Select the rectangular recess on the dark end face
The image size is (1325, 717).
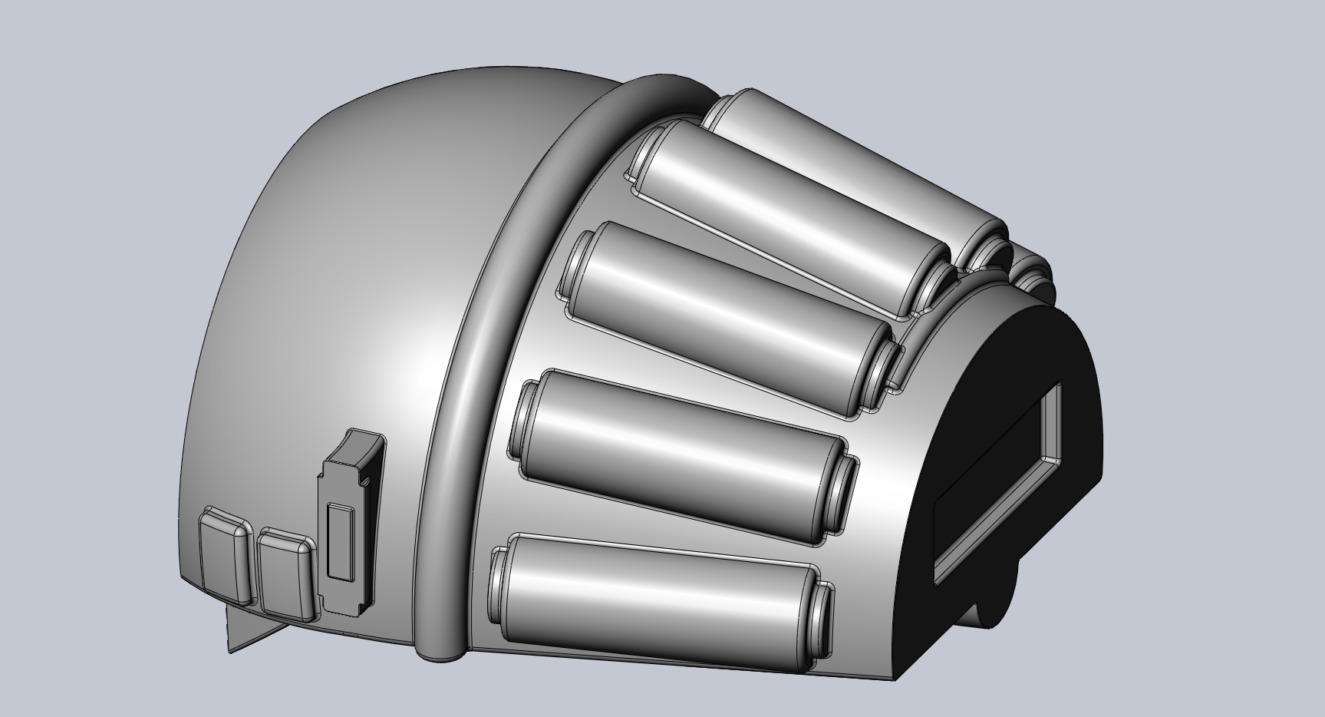(997, 484)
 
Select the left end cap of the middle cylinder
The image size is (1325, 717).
(576, 265)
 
